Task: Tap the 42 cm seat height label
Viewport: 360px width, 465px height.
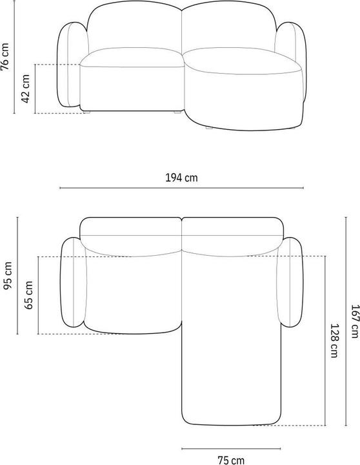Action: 25,88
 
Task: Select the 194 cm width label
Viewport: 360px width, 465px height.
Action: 181,178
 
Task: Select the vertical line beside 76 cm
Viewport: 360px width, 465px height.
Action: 16,61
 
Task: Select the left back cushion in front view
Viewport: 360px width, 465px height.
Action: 134,29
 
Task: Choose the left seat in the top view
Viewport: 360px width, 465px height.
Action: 132,294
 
